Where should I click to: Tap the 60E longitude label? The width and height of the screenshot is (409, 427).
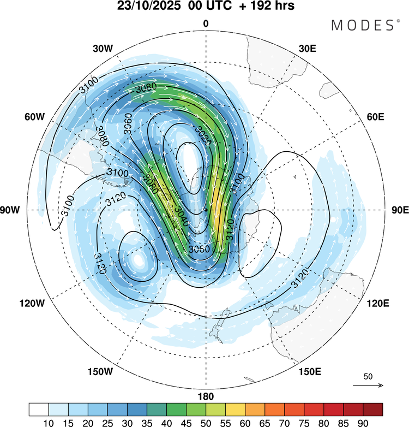(376, 117)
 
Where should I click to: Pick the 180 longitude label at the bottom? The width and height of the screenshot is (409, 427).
(206, 396)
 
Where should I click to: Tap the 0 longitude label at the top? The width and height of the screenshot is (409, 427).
(206, 23)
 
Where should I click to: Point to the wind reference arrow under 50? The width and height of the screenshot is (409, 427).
(368, 386)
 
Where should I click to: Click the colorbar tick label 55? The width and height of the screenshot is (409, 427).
(245, 421)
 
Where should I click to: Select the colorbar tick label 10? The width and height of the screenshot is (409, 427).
(49, 421)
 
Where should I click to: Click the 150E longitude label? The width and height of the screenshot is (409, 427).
(309, 372)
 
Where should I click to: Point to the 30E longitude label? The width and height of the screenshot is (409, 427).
(308, 48)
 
